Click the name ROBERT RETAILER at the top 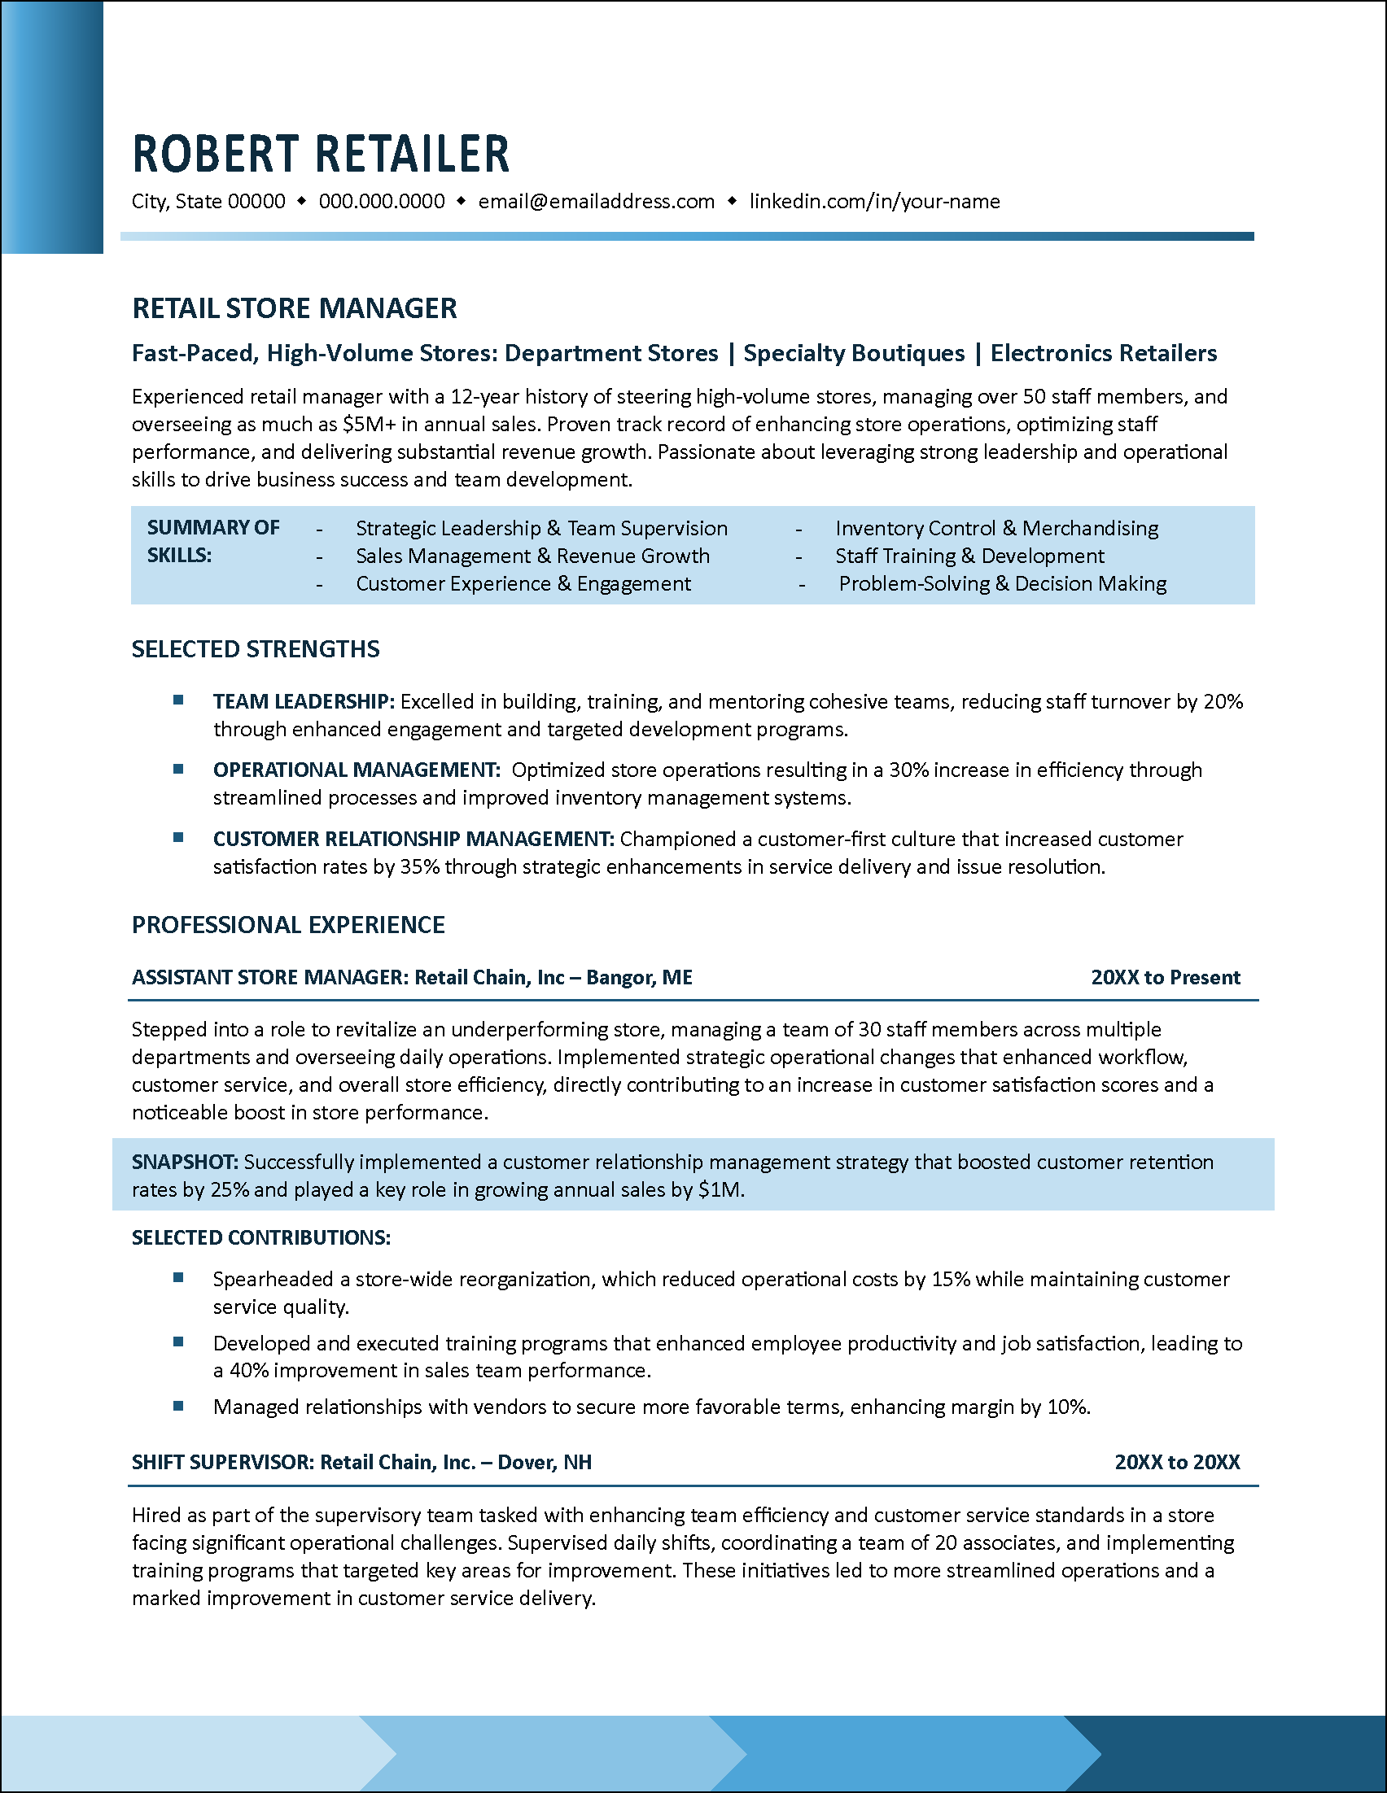click(x=320, y=155)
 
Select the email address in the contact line click(x=596, y=202)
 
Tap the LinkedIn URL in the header click(x=873, y=202)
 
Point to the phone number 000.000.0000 click(x=382, y=202)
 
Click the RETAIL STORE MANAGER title click(x=294, y=308)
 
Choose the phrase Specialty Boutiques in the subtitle click(x=854, y=353)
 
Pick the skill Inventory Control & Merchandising click(x=996, y=529)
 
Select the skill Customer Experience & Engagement click(x=523, y=584)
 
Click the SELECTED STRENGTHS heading click(x=256, y=649)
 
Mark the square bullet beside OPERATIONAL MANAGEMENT click(x=178, y=770)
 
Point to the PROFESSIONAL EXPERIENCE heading click(x=288, y=925)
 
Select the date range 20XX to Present click(x=1166, y=978)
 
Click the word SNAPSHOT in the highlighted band click(x=185, y=1163)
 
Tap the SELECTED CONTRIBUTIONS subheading click(x=261, y=1238)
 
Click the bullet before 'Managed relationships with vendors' click(x=178, y=1407)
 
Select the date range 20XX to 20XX click(x=1177, y=1462)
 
